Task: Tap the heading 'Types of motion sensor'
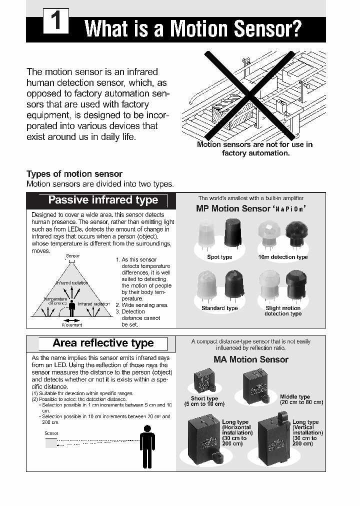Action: coord(74,174)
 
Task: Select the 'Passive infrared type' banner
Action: coord(102,200)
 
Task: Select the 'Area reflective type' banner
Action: coord(102,343)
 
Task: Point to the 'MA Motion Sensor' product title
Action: coord(250,359)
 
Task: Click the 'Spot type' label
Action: coord(219,257)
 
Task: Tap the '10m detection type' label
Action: coord(282,257)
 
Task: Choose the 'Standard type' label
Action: coord(219,308)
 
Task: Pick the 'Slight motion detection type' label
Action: coord(282,311)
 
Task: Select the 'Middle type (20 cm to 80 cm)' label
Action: coord(301,399)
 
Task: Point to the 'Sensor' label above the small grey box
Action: coord(51,433)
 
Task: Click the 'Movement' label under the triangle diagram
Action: coord(72,325)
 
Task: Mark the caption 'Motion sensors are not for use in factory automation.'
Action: coord(254,148)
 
